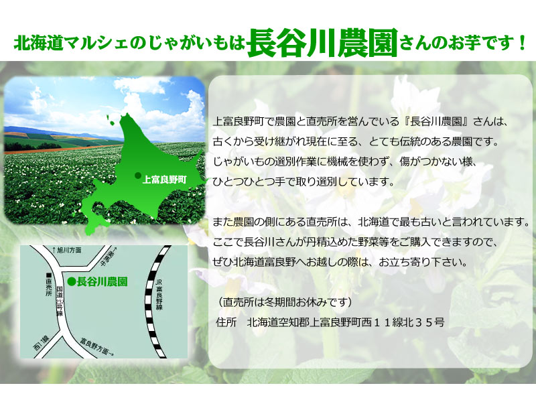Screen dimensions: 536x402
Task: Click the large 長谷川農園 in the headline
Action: click(322, 43)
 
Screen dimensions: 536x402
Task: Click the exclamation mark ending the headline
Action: click(521, 44)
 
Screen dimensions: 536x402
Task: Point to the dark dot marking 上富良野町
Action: click(138, 176)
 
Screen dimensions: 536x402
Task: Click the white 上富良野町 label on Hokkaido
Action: click(164, 179)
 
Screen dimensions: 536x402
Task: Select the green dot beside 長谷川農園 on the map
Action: click(72, 281)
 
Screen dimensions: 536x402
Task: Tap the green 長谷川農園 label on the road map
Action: click(103, 281)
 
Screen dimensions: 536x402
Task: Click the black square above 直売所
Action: click(48, 275)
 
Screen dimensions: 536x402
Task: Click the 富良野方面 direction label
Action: click(97, 346)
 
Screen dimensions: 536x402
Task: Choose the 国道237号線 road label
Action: click(60, 301)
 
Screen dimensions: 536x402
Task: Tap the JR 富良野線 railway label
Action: click(159, 294)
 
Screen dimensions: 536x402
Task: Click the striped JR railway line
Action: click(152, 301)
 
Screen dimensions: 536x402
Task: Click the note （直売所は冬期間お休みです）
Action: click(284, 302)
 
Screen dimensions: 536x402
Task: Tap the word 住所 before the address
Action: click(226, 322)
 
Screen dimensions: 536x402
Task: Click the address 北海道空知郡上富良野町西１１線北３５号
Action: click(346, 322)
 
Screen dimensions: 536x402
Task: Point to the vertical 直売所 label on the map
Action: click(48, 287)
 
